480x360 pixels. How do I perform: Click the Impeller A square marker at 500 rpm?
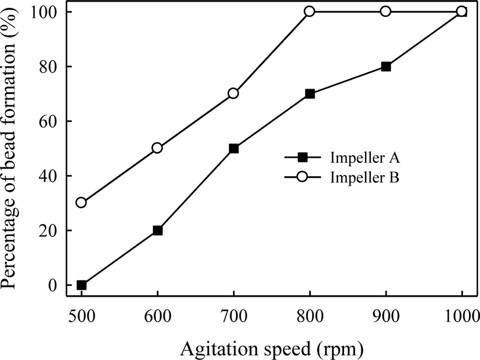tap(81, 285)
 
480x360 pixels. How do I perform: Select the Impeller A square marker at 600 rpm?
tap(157, 230)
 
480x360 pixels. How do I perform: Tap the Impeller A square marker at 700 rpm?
tap(234, 148)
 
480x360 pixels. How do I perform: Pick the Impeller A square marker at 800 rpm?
tap(310, 94)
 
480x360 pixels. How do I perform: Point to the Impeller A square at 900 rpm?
tap(386, 67)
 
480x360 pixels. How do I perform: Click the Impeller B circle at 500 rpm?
tap(81, 202)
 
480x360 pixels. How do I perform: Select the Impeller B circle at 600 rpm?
tap(157, 148)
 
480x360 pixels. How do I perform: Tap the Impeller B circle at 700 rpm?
tap(233, 93)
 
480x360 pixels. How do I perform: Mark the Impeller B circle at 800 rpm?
tap(310, 11)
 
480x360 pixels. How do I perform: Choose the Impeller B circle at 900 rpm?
tap(386, 11)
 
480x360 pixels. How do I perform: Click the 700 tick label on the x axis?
tap(233, 316)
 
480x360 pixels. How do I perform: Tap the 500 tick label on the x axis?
tap(81, 316)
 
